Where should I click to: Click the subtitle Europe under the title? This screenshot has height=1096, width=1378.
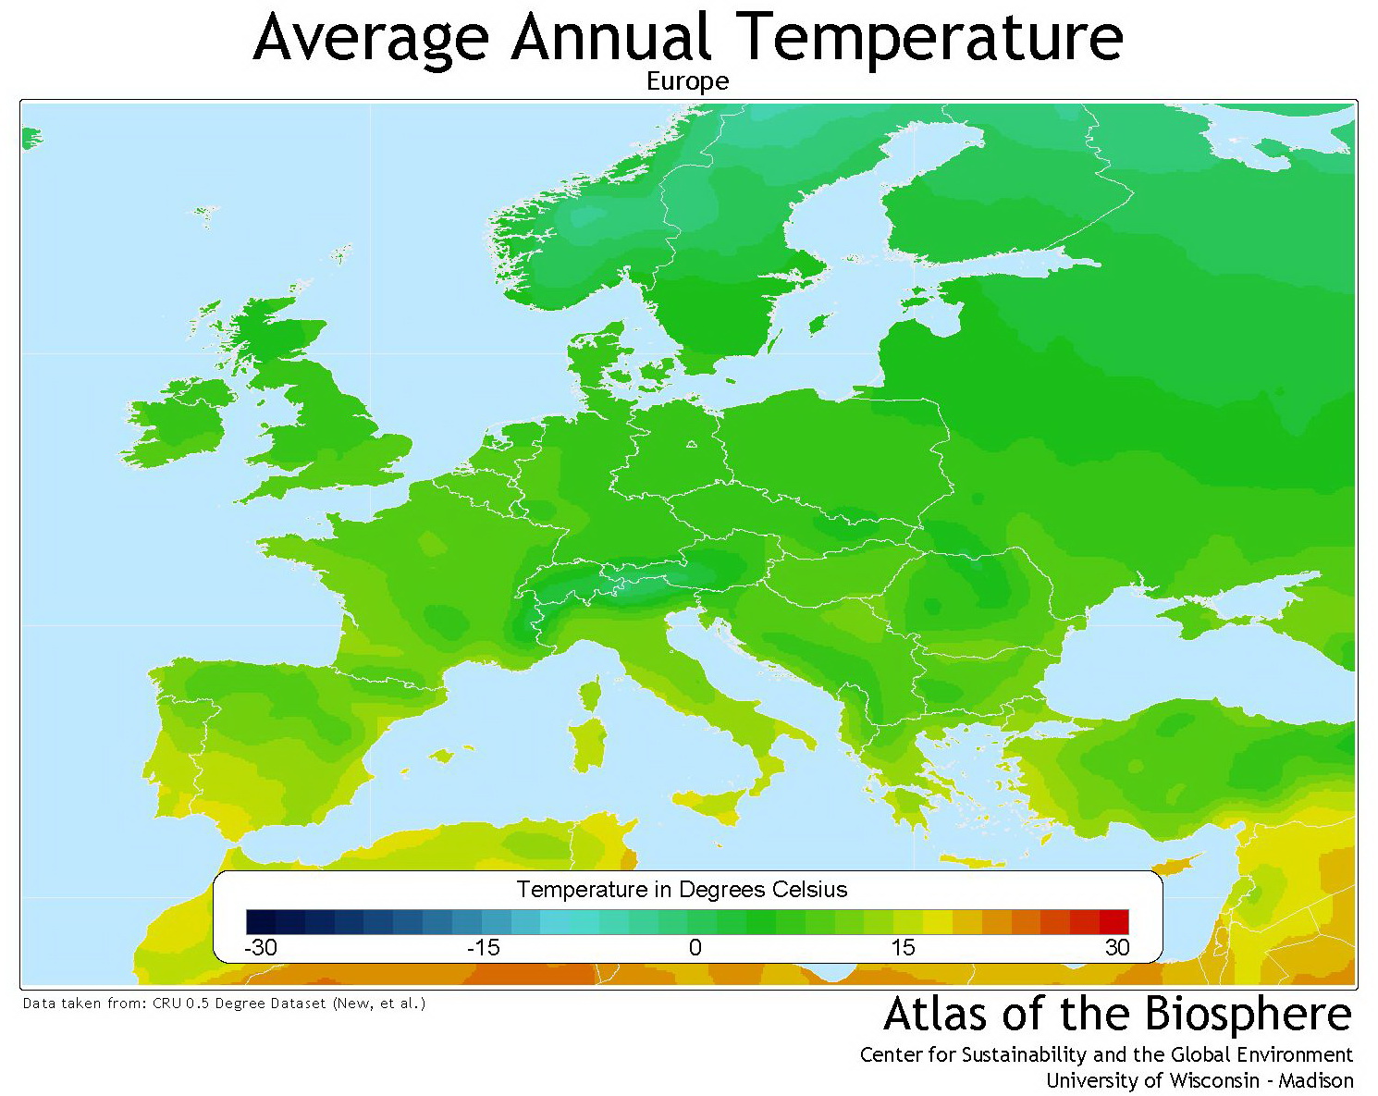tap(687, 81)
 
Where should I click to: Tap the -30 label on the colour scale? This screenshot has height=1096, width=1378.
tap(260, 947)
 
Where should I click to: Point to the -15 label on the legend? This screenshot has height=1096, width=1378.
tap(483, 947)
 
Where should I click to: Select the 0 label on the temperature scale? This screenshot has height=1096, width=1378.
tap(695, 947)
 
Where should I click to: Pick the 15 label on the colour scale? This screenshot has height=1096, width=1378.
tap(903, 947)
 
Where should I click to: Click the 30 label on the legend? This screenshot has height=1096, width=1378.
tap(1116, 947)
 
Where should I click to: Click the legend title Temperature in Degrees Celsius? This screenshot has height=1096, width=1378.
tap(682, 890)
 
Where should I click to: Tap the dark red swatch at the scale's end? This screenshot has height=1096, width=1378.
tap(1113, 922)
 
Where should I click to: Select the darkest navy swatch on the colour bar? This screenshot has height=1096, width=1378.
tap(261, 922)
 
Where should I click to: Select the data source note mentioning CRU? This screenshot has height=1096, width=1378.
tap(224, 1003)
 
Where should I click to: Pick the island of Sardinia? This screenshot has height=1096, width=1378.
tap(587, 745)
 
